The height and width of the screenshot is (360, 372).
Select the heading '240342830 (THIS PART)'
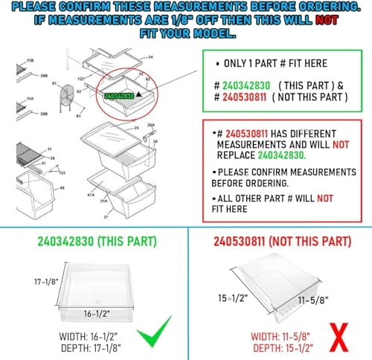pyautogui.click(x=88, y=242)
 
